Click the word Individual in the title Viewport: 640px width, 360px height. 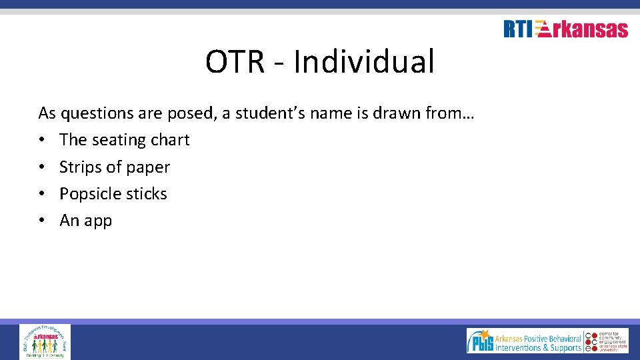[x=364, y=62]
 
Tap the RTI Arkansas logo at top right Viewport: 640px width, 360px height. [x=565, y=29]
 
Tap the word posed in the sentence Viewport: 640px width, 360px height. [x=189, y=113]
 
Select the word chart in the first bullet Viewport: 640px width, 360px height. [x=170, y=140]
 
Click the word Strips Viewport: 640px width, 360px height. [x=78, y=167]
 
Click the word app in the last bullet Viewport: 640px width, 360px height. [x=98, y=221]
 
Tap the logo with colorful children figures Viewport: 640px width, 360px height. [x=45, y=341]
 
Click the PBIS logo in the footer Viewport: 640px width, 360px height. [x=524, y=341]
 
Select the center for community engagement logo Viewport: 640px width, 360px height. [x=607, y=341]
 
